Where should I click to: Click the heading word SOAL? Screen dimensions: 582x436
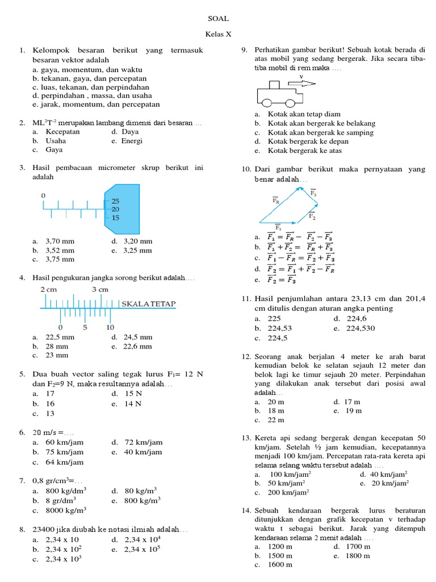[218, 18]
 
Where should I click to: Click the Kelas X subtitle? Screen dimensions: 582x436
[219, 34]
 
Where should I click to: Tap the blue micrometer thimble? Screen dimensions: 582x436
[122, 208]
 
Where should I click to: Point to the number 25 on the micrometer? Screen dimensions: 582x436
[115, 201]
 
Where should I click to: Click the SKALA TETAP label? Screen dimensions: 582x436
[149, 304]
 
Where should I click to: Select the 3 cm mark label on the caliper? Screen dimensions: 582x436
[100, 289]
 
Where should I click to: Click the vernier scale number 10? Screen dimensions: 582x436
[110, 327]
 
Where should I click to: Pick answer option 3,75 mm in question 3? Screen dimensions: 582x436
[60, 259]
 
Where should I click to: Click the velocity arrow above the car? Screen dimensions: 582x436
[304, 83]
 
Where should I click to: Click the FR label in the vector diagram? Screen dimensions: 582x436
[275, 200]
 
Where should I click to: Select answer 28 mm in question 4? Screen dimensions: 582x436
[57, 346]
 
